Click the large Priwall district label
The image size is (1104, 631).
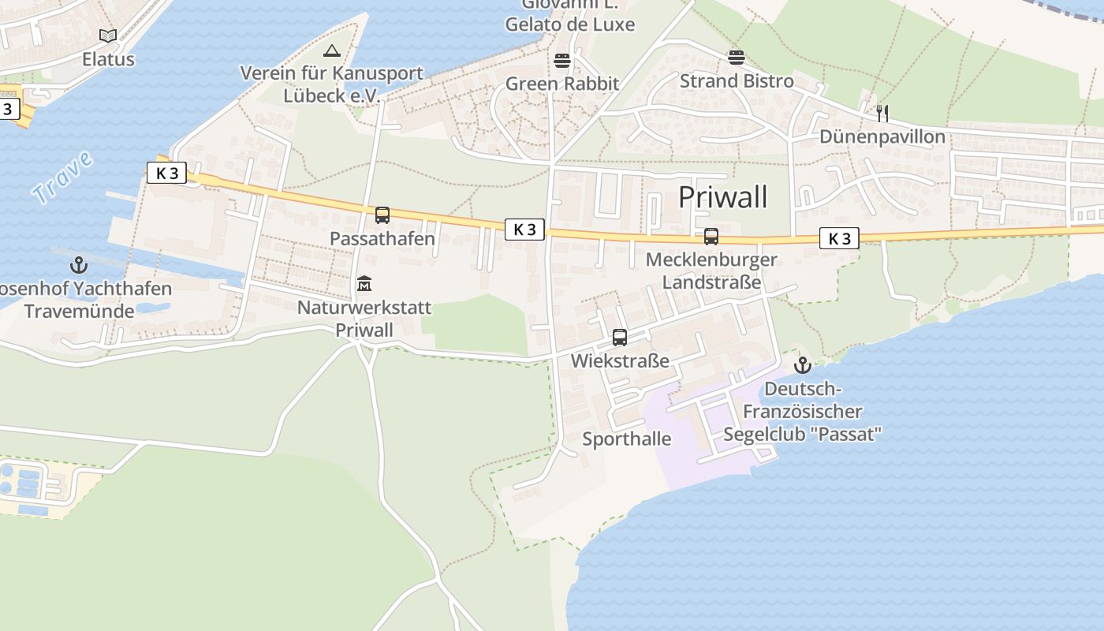[722, 197]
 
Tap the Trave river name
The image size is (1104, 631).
[63, 178]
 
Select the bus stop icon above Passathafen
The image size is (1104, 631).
[382, 215]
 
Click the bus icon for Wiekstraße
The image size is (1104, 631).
[620, 338]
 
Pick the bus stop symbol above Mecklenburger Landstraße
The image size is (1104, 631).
[711, 236]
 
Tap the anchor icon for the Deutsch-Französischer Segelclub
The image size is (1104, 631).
[802, 365]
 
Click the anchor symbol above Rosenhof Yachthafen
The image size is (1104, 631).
[78, 265]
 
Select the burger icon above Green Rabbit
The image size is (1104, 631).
[562, 61]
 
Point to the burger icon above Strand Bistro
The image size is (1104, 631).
[737, 58]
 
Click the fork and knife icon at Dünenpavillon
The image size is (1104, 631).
[882, 114]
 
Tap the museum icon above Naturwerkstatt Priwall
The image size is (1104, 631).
[364, 283]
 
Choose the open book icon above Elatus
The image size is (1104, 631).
[108, 35]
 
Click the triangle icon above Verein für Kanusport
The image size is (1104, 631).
[331, 51]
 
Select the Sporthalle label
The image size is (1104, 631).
[627, 439]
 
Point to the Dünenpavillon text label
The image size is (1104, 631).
[882, 137]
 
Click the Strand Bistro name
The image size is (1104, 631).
[737, 81]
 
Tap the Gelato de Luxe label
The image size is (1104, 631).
[569, 24]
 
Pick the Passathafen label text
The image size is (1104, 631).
[382, 239]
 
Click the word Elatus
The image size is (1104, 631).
[108, 60]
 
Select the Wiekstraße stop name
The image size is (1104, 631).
[620, 361]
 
